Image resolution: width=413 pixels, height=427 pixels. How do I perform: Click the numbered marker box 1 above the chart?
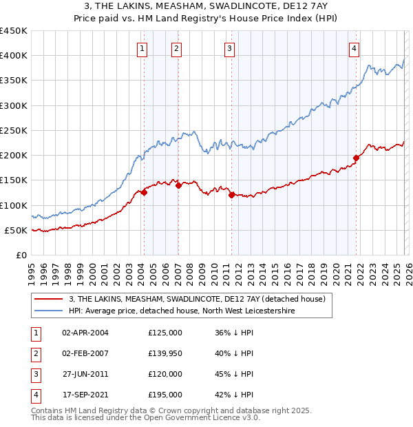pyautogui.click(x=142, y=48)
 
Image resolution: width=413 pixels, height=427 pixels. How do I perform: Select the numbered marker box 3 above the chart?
pyautogui.click(x=229, y=48)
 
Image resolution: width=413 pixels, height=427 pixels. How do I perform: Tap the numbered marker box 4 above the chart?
pyautogui.click(x=354, y=48)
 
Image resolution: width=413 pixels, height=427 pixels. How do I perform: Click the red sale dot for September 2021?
pyautogui.click(x=357, y=158)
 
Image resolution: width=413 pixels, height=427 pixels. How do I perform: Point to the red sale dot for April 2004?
pyautogui.click(x=144, y=193)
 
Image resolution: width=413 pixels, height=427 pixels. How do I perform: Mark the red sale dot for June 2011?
pyautogui.click(x=231, y=195)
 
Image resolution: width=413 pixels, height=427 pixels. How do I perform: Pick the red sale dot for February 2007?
pyautogui.click(x=178, y=185)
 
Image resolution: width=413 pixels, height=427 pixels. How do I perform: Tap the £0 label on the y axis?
pyautogui.click(x=21, y=255)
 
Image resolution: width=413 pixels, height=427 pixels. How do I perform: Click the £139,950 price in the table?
pyautogui.click(x=165, y=353)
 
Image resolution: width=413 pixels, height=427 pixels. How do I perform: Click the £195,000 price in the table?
pyautogui.click(x=165, y=395)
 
